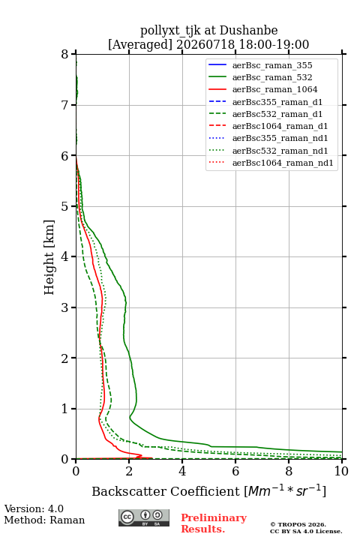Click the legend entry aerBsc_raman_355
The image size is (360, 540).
click(272, 65)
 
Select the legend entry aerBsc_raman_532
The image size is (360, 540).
click(272, 77)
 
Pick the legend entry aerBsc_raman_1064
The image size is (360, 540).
click(275, 89)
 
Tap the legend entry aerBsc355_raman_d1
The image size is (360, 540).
click(277, 102)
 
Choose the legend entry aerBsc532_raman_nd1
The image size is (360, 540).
click(280, 151)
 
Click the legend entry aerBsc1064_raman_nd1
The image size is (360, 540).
click(283, 163)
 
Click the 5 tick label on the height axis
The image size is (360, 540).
click(65, 206)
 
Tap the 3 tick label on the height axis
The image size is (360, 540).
click(65, 307)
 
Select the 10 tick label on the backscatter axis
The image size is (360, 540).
click(341, 471)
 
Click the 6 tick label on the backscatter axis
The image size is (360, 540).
click(235, 471)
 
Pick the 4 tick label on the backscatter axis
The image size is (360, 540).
click(182, 471)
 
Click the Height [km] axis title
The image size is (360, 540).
click(49, 257)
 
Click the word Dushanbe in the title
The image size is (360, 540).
click(248, 31)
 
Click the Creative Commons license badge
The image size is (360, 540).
click(144, 517)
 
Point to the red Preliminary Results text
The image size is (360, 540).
click(214, 523)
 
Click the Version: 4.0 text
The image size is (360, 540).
click(34, 508)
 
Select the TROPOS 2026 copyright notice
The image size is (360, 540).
click(298, 524)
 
